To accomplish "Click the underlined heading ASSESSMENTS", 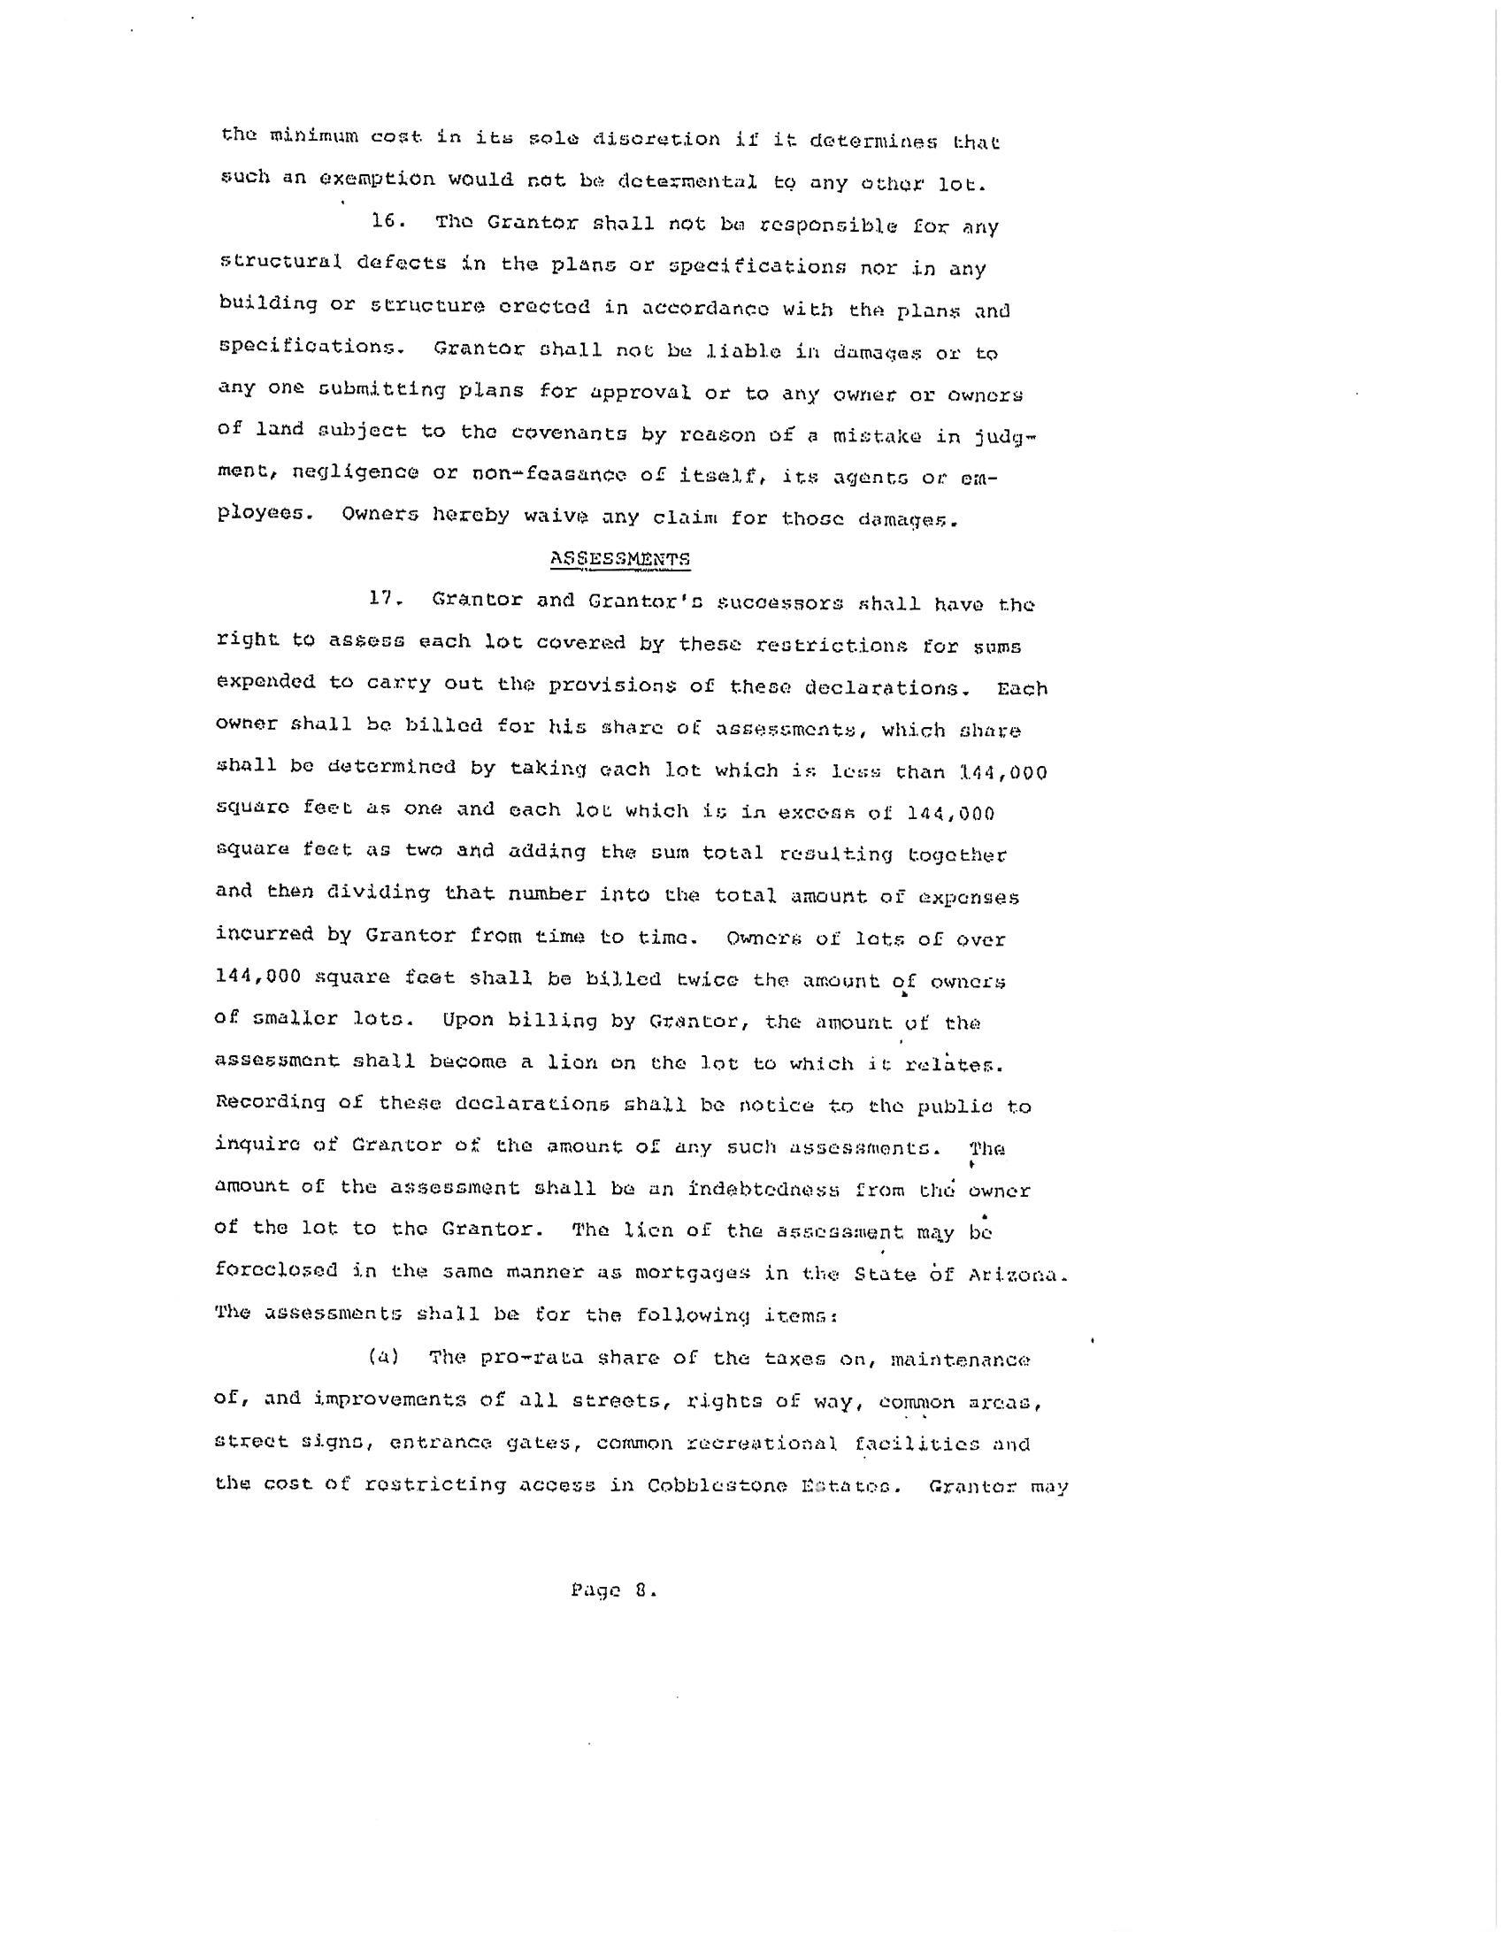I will click(620, 559).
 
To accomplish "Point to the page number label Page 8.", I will click(614, 1590).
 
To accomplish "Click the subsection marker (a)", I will click(384, 1357).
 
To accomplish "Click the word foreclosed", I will click(276, 1269).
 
